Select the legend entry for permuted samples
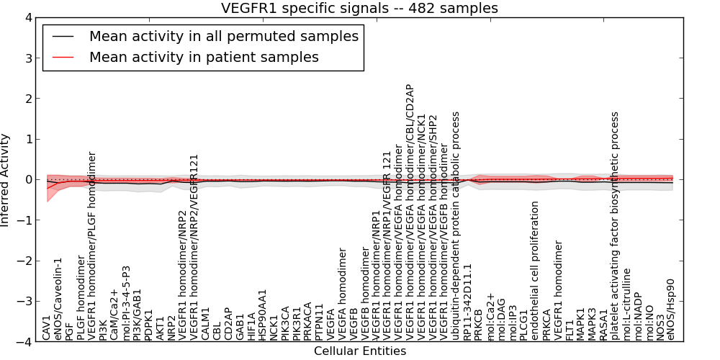click(223, 36)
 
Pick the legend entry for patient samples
click(204, 57)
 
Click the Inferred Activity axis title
click(6, 180)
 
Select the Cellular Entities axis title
click(359, 351)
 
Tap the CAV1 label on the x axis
click(47, 328)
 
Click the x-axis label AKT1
click(160, 327)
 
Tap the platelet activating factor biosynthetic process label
click(615, 226)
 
